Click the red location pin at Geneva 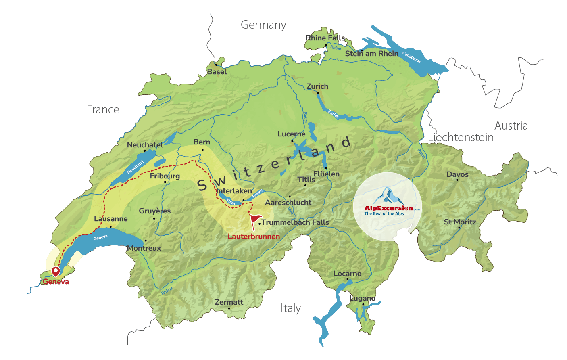(55, 271)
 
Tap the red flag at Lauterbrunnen (255, 220)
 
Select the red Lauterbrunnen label (254, 237)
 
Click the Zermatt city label (229, 302)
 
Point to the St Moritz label (460, 222)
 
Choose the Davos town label (457, 174)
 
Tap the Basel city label (217, 72)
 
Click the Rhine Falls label (325, 38)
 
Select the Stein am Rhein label (371, 54)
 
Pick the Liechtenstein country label (461, 138)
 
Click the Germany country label (263, 25)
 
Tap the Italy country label (291, 308)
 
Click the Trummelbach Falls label (295, 222)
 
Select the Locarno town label (347, 274)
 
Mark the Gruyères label (154, 211)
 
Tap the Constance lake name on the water (411, 58)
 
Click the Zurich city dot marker (317, 93)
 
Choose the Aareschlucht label (288, 203)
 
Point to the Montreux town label (144, 248)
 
